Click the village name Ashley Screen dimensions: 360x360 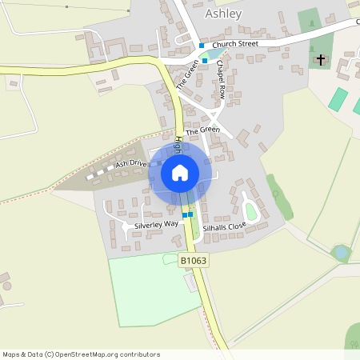click(224, 14)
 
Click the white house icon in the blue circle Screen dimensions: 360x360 click(180, 173)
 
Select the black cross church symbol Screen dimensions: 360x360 click(321, 60)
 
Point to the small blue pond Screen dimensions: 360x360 click(341, 252)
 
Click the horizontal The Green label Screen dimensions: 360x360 click(202, 130)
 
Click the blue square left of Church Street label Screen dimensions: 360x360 click(202, 46)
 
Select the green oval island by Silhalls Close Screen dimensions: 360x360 click(250, 211)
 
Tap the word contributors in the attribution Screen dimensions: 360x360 click(136, 354)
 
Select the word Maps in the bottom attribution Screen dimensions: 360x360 click(11, 354)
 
